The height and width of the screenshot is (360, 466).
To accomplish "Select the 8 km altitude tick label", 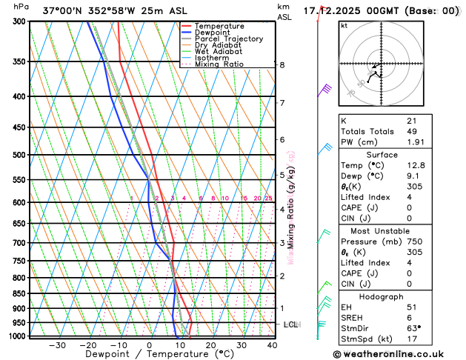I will point(282,65).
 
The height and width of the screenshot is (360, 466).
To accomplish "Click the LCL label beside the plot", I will point(291,324).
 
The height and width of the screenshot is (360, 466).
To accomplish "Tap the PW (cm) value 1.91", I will point(415,142).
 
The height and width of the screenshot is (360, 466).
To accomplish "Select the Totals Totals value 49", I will point(412,131).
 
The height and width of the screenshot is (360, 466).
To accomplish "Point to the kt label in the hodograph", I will point(344,26).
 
